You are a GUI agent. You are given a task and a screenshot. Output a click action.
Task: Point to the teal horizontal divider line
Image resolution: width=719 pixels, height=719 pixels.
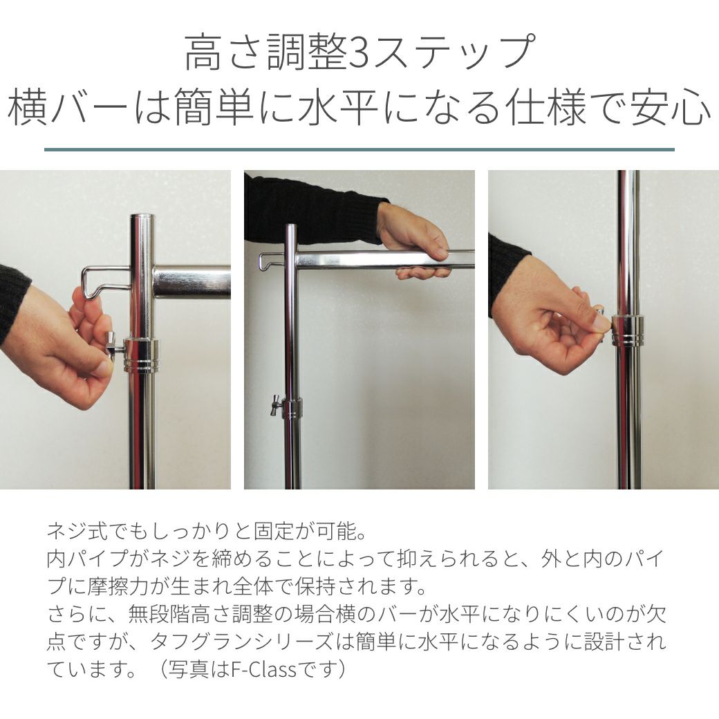tap(359, 149)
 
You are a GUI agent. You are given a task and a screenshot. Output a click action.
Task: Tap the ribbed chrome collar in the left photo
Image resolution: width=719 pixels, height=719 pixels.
tap(142, 355)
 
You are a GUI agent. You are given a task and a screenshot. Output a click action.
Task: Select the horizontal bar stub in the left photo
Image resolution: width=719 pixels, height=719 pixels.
tap(192, 282)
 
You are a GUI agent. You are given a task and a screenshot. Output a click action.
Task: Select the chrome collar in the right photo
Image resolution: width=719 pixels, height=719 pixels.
tap(628, 330)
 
